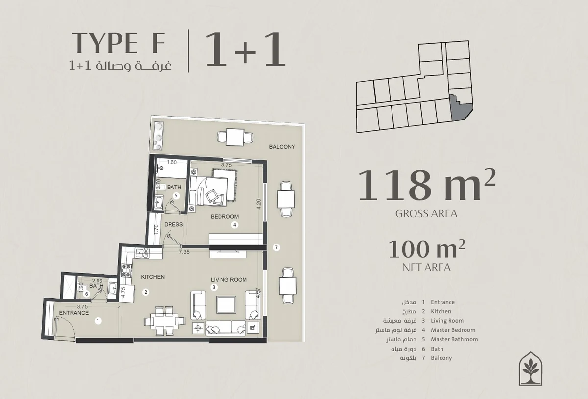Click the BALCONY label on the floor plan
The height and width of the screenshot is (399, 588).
pyautogui.click(x=282, y=147)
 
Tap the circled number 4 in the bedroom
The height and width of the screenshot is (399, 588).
pyautogui.click(x=234, y=225)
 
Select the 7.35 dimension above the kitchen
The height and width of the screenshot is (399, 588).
pyautogui.click(x=184, y=252)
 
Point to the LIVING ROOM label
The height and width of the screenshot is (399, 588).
pyautogui.click(x=229, y=280)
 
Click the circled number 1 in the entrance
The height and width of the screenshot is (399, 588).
pyautogui.click(x=98, y=321)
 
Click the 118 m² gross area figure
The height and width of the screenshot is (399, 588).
pyautogui.click(x=427, y=185)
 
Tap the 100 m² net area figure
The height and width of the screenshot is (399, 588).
pyautogui.click(x=427, y=249)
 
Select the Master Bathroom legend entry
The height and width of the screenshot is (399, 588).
pyautogui.click(x=454, y=339)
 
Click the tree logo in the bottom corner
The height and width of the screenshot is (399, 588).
pyautogui.click(x=531, y=368)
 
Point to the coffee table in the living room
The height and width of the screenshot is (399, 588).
pyautogui.click(x=226, y=305)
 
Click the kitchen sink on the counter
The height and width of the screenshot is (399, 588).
pyautogui.click(x=142, y=253)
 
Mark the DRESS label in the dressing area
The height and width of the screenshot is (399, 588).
pyautogui.click(x=173, y=224)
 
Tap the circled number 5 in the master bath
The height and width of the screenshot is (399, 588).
pyautogui.click(x=176, y=196)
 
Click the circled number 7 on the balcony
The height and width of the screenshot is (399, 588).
pyautogui.click(x=276, y=247)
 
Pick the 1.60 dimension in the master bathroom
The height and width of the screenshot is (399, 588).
pyautogui.click(x=171, y=162)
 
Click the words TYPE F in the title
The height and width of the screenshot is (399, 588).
pyautogui.click(x=119, y=42)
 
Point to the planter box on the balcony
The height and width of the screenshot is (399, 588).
pyautogui.click(x=158, y=136)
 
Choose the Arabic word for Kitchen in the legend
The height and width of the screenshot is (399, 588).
pyautogui.click(x=409, y=311)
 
